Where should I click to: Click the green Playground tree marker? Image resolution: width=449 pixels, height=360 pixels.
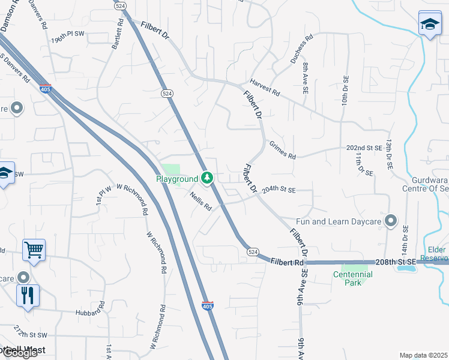[207, 178]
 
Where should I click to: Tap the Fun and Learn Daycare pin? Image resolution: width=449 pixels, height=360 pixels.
[391, 221]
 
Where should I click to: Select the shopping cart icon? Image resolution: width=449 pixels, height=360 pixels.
[34, 250]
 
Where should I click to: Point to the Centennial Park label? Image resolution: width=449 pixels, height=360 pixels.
[353, 278]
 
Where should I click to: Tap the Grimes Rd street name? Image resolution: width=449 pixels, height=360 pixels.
[283, 151]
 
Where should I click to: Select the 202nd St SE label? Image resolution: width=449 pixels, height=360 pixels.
[364, 148]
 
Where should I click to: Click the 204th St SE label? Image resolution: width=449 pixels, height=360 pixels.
[279, 190]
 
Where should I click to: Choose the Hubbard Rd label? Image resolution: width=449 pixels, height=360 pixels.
[90, 313]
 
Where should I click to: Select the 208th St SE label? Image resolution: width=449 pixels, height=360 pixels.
[396, 263]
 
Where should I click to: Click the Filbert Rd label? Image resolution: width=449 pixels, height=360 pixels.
[288, 262]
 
